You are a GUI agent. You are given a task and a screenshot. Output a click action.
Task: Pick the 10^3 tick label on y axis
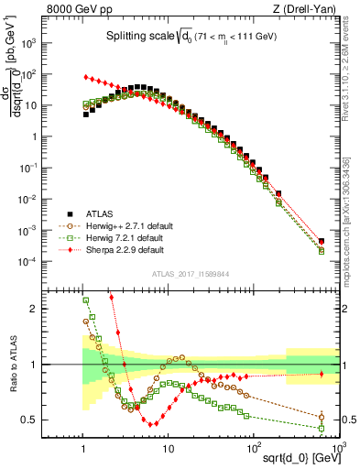[52, 43]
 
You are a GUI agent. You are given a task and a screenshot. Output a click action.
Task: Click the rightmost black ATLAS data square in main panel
[322, 242]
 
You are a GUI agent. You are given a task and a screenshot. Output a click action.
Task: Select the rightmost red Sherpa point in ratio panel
[322, 374]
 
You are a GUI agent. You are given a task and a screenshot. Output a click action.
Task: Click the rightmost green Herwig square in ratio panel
[322, 428]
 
